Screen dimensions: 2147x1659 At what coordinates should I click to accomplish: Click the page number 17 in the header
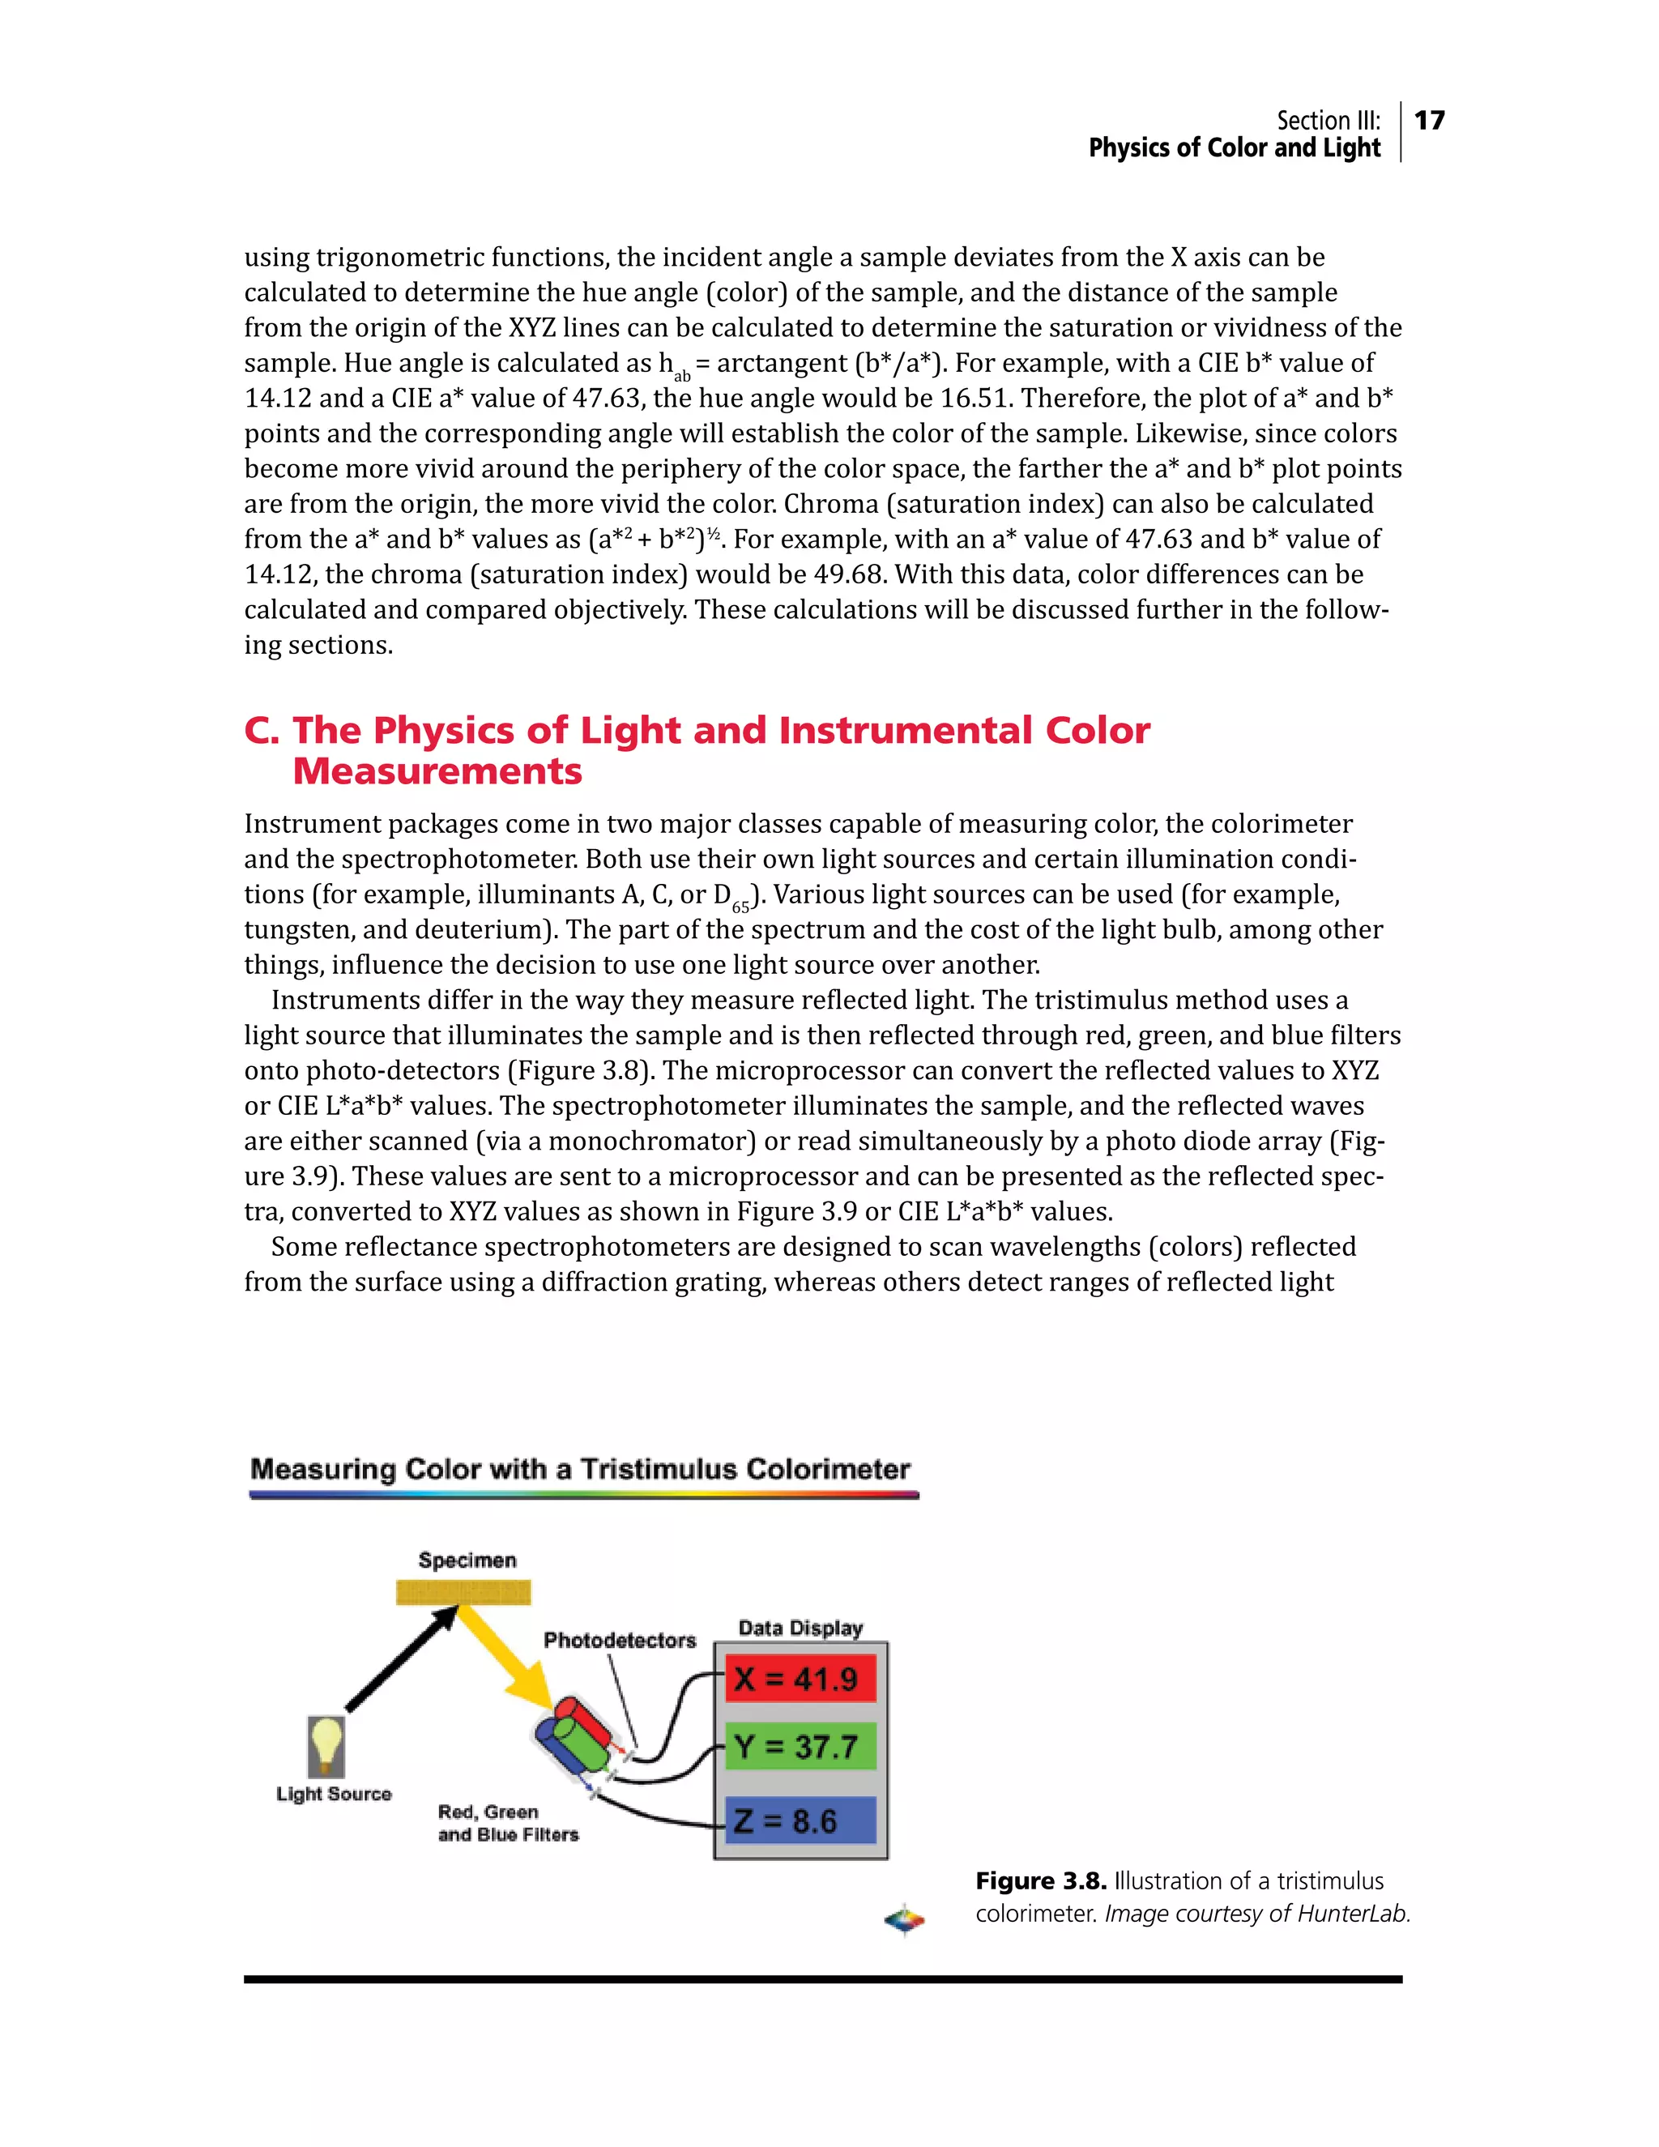click(1429, 120)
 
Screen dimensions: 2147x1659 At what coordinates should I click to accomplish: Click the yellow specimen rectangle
click(463, 1591)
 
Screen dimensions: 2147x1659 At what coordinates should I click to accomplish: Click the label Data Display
click(800, 1628)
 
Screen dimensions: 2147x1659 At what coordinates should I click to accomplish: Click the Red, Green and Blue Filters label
click(507, 1823)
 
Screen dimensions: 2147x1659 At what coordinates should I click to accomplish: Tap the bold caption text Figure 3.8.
click(1041, 1881)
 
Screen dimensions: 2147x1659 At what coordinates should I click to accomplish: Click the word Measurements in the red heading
click(437, 770)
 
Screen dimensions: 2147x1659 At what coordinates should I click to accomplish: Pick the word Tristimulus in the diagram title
click(658, 1469)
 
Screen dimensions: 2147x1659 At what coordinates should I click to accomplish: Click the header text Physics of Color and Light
click(1234, 147)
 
